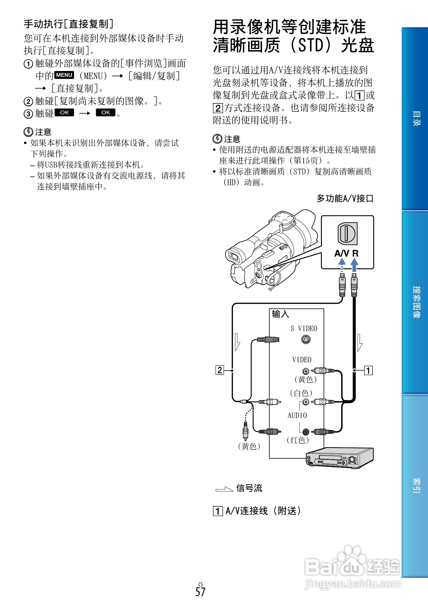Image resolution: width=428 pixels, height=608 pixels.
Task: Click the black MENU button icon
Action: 64,75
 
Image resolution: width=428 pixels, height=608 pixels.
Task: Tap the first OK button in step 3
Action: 64,113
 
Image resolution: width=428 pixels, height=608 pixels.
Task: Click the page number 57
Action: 200,592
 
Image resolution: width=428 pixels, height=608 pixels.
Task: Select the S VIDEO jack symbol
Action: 306,340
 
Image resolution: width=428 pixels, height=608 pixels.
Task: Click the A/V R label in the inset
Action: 346,253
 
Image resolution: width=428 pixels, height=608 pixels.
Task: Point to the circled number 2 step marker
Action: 28,102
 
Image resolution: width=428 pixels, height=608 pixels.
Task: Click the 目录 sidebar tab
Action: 416,118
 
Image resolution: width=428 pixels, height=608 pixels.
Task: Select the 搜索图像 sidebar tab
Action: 416,302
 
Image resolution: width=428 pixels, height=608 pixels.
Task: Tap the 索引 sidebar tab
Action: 416,485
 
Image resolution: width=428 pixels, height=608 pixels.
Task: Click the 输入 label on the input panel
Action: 280,314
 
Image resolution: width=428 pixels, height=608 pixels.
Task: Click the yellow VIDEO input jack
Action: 306,371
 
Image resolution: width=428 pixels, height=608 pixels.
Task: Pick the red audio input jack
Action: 306,432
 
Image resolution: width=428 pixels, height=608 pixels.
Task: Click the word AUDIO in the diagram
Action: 297,415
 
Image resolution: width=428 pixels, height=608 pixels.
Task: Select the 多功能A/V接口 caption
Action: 345,199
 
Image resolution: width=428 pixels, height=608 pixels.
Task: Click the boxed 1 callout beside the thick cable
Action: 368,370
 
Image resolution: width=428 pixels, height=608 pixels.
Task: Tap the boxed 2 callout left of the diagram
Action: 220,370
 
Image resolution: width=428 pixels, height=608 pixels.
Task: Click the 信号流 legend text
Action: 249,488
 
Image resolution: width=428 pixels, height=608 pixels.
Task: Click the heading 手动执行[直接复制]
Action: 68,24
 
